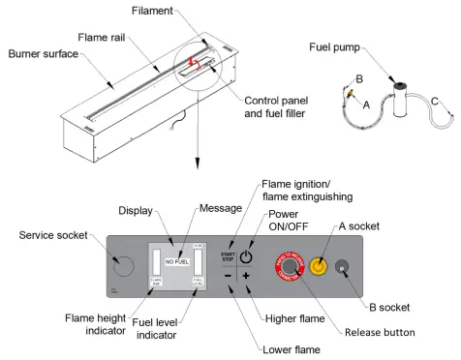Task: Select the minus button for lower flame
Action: coord(228,276)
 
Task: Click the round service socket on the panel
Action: coord(122,263)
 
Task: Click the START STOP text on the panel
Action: coord(228,256)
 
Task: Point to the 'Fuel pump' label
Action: coord(336,45)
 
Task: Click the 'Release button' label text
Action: coord(380,332)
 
